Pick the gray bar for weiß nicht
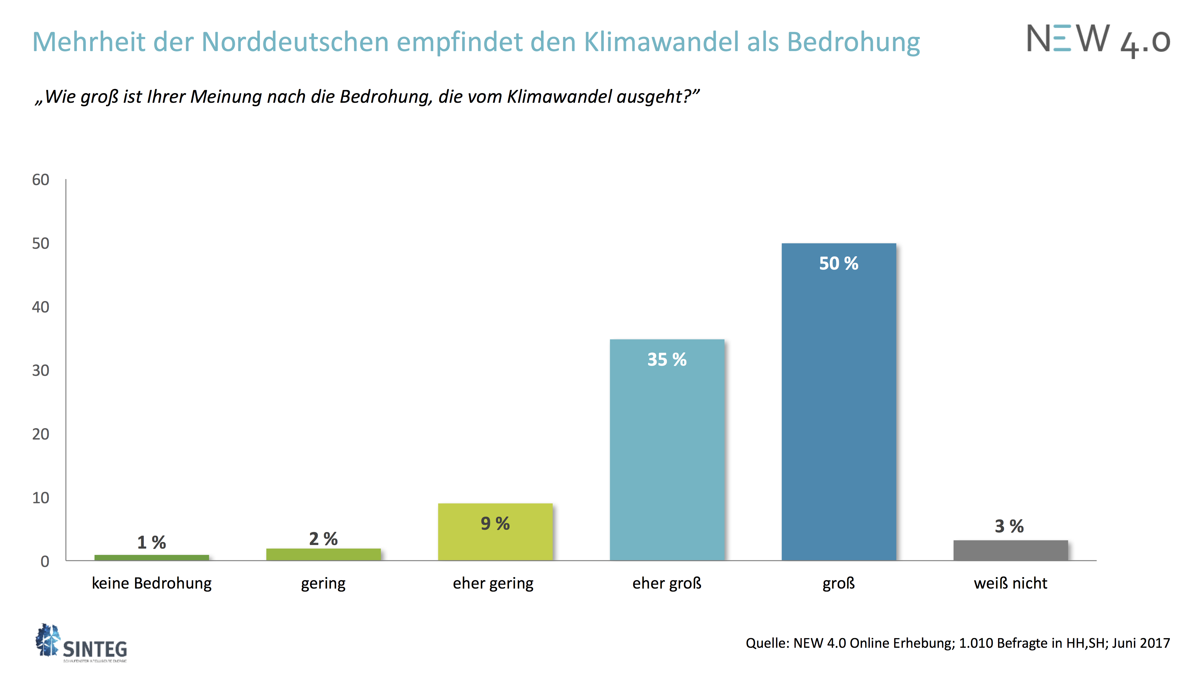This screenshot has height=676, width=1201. (x=1010, y=550)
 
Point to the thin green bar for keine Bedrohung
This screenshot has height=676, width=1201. (x=152, y=558)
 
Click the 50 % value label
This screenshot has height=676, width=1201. (x=838, y=263)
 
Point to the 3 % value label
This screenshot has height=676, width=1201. (x=1009, y=526)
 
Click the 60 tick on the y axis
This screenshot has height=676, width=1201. (x=41, y=180)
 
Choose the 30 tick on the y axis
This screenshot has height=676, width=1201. (x=41, y=370)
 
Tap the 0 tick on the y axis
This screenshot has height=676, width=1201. (x=45, y=561)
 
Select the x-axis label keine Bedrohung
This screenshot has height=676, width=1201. (x=152, y=583)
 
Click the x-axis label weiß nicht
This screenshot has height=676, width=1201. (x=1010, y=583)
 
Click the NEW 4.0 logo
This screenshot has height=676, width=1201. (x=1098, y=41)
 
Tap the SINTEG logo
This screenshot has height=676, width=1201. (x=82, y=644)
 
